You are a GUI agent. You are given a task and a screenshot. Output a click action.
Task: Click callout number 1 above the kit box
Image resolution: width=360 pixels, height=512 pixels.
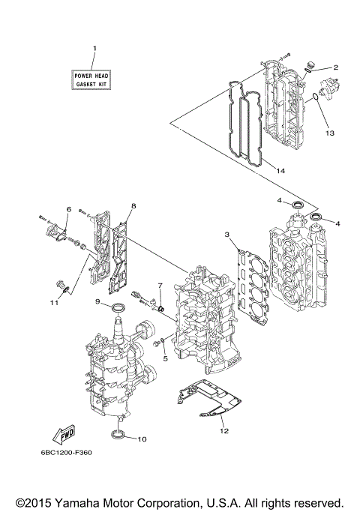click(x=94, y=49)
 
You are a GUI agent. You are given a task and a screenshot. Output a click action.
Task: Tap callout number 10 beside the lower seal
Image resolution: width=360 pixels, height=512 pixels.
click(x=143, y=439)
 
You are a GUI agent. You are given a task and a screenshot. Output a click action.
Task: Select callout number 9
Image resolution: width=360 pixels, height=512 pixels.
click(x=97, y=301)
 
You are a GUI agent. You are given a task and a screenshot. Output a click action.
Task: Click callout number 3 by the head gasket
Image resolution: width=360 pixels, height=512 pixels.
click(x=226, y=235)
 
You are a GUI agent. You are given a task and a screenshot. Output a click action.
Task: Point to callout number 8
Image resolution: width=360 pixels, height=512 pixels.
click(x=133, y=205)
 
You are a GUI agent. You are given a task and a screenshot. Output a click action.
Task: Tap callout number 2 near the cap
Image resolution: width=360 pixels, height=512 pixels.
click(x=336, y=67)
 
